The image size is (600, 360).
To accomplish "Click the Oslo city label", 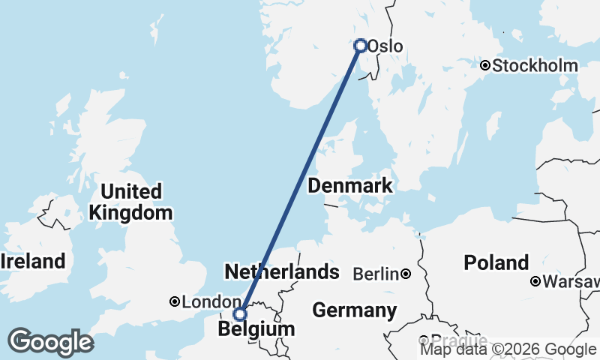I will (385, 46).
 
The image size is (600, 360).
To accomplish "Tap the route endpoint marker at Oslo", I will (361, 46).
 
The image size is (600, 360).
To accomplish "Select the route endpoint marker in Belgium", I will (240, 314).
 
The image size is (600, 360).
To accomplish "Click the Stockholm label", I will (535, 66).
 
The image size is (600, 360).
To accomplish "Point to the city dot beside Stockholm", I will (485, 66).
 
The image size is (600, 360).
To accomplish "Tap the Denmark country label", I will (350, 186).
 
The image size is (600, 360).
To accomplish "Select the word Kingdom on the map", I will (130, 213).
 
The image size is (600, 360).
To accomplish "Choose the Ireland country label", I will (33, 262).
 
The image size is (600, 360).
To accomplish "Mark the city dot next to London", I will (175, 301).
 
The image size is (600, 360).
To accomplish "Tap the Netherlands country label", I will (281, 271).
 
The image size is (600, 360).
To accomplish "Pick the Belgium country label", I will (256, 329).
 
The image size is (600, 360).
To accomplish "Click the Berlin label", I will (376, 274).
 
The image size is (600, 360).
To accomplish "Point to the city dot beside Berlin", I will (406, 274).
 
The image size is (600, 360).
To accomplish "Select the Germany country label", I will (355, 310).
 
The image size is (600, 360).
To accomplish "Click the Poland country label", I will (496, 263).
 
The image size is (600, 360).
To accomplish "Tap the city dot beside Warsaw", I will (535, 282).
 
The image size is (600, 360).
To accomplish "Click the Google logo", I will (50, 342).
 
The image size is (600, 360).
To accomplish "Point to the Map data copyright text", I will (508, 349).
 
